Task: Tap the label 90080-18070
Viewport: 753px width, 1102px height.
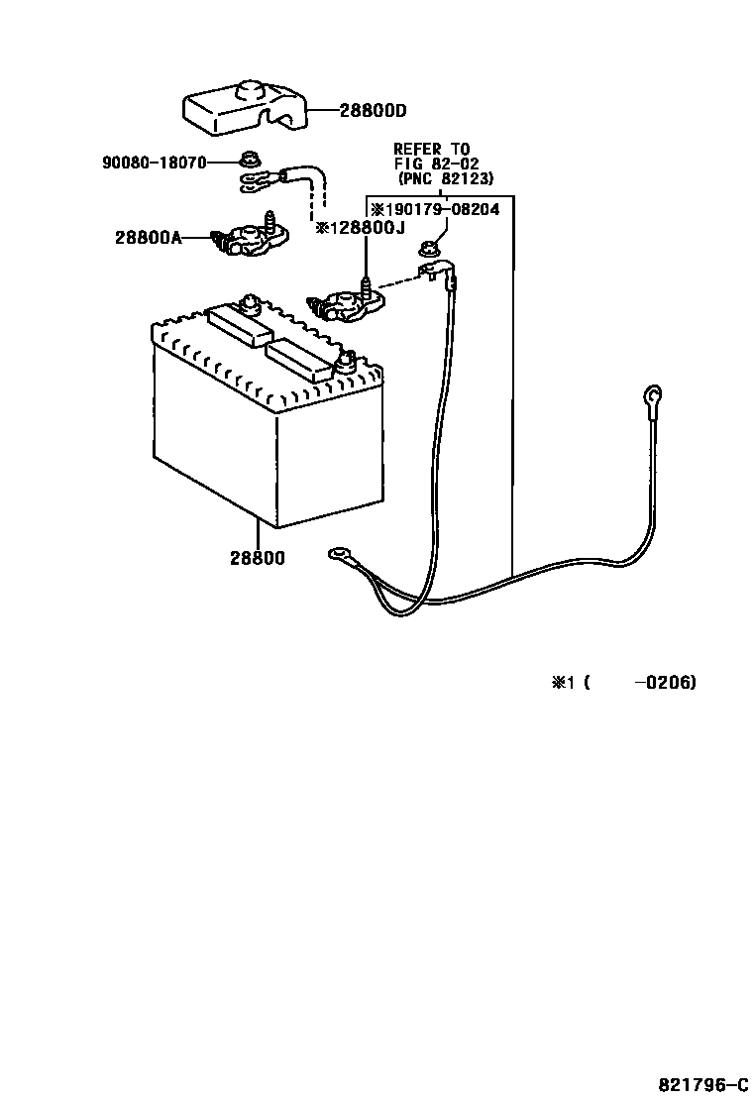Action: point(154,161)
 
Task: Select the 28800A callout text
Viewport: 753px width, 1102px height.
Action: point(148,238)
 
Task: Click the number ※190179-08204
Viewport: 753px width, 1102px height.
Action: point(435,210)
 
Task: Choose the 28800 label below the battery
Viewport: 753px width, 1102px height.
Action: point(258,558)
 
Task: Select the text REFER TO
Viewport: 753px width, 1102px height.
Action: point(432,150)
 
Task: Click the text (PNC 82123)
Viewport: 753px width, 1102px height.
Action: point(445,179)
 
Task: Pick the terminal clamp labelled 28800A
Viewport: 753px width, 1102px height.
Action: point(251,240)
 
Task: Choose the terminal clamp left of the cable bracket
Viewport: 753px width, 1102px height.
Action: point(344,303)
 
